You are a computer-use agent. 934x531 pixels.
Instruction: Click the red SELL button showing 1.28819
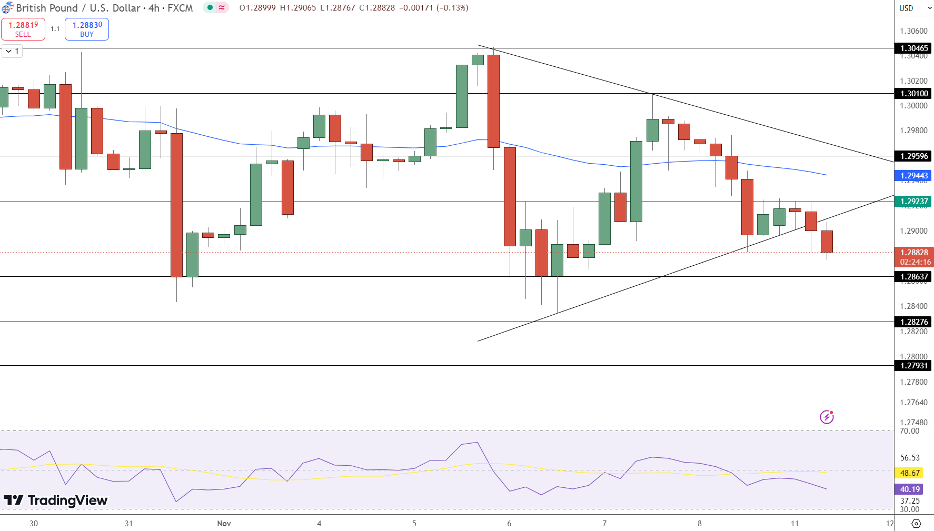pyautogui.click(x=23, y=29)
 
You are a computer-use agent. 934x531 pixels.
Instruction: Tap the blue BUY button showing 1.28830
pyautogui.click(x=87, y=29)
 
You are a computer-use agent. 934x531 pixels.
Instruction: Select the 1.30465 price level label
pyautogui.click(x=913, y=48)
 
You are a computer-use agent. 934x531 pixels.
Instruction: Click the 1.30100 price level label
pyautogui.click(x=913, y=94)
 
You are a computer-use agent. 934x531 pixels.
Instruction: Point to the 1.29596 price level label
pyautogui.click(x=913, y=156)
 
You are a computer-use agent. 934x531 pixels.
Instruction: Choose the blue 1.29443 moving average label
pyautogui.click(x=913, y=176)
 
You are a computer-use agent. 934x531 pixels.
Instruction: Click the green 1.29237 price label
pyautogui.click(x=913, y=202)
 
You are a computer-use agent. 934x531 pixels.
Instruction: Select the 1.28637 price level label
pyautogui.click(x=913, y=277)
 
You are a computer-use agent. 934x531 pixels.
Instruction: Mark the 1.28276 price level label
pyautogui.click(x=913, y=322)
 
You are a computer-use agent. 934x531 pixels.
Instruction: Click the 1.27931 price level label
pyautogui.click(x=913, y=366)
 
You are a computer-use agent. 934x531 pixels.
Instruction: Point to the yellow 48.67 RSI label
pyautogui.click(x=909, y=473)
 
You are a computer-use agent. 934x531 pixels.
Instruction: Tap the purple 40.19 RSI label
pyautogui.click(x=909, y=489)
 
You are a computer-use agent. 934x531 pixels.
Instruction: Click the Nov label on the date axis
pyautogui.click(x=224, y=524)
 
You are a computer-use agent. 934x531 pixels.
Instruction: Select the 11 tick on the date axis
pyautogui.click(x=794, y=524)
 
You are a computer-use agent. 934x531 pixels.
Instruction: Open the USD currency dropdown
pyautogui.click(x=913, y=8)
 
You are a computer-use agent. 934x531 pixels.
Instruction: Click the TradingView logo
pyautogui.click(x=56, y=500)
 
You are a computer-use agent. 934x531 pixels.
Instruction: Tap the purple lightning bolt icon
pyautogui.click(x=827, y=417)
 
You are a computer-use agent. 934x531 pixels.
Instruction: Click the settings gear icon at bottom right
pyautogui.click(x=916, y=524)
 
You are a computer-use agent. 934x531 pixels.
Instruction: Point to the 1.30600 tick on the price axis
pyautogui.click(x=913, y=31)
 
